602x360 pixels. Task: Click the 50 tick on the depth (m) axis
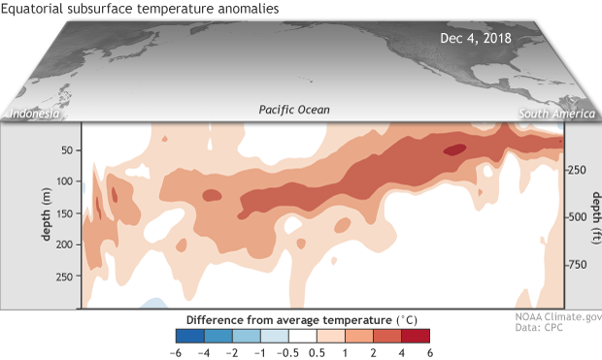[x=67, y=149]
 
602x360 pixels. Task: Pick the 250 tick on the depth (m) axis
[x=64, y=277]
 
